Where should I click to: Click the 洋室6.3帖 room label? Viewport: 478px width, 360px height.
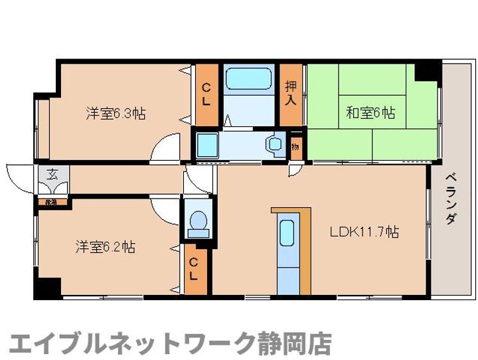pos(116,114)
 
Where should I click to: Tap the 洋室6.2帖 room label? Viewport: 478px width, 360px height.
pos(105,247)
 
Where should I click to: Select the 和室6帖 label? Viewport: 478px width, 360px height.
pos(370,113)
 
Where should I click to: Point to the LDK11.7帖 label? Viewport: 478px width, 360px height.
pos(364,232)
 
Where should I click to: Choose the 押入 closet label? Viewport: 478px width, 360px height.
pos(291,93)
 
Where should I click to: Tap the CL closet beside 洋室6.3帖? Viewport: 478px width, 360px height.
pos(206,94)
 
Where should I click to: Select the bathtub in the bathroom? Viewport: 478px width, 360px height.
pos(248,79)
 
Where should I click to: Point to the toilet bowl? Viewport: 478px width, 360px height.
pos(197,223)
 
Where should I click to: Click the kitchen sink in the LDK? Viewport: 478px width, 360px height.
pos(287,233)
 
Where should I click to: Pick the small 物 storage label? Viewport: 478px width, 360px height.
pos(295,146)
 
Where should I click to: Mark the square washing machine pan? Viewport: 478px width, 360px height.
pos(206,143)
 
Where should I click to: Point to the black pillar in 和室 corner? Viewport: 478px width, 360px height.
pos(428,70)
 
